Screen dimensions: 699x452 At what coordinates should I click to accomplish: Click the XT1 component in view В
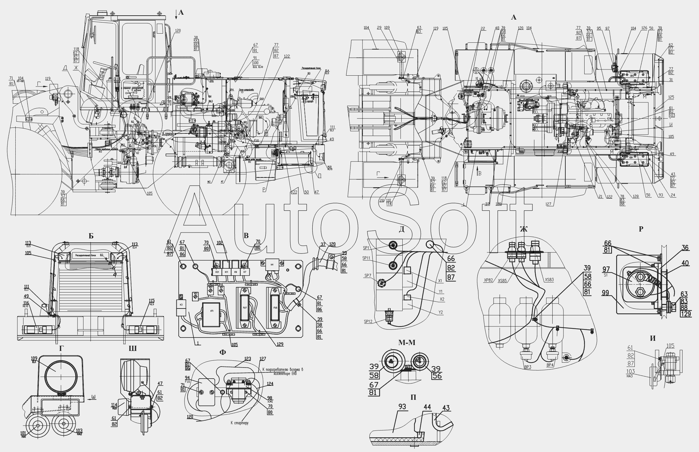[212, 311]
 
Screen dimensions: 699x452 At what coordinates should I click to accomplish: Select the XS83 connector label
[549, 279]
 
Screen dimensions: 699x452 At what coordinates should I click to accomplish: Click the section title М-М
[406, 342]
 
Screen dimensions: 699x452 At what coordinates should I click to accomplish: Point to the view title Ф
[223, 352]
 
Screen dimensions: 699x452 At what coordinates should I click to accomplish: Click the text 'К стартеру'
[239, 423]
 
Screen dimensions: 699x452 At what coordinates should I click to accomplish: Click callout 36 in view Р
[685, 248]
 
